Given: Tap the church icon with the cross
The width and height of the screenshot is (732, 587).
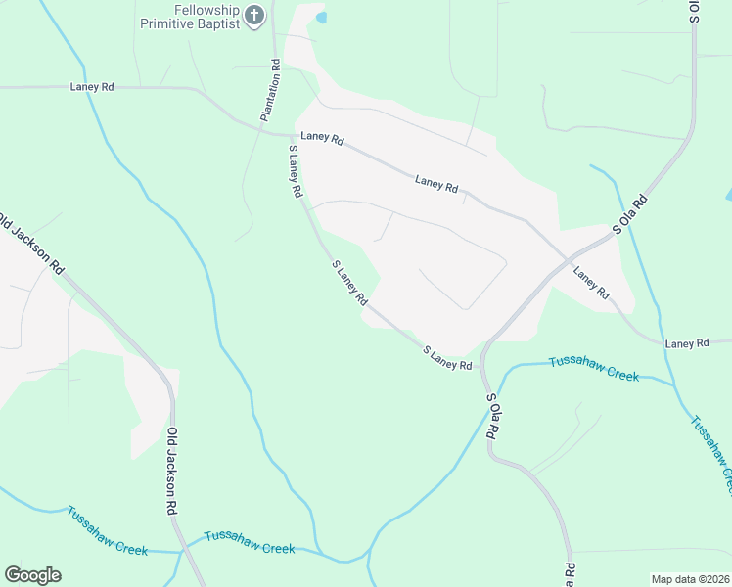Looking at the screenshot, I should (x=254, y=16).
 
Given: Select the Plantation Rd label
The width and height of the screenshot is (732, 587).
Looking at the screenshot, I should (x=270, y=90).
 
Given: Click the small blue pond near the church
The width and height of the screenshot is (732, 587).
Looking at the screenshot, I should (x=321, y=17).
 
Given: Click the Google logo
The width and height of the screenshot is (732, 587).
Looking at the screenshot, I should (x=32, y=575).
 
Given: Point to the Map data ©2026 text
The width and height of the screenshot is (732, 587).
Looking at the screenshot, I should (x=691, y=579).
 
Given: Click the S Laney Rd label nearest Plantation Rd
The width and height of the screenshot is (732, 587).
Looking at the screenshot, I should (x=294, y=172).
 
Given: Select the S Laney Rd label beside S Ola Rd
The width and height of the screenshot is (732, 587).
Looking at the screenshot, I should (x=447, y=356).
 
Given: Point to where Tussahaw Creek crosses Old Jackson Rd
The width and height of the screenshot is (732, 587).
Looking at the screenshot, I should (x=181, y=552).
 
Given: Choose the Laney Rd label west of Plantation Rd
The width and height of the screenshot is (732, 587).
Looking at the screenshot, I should (x=92, y=87).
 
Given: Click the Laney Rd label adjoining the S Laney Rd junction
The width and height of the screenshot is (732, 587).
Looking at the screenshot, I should (x=323, y=139).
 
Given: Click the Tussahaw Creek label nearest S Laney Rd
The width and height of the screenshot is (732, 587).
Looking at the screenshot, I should (x=593, y=368).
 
